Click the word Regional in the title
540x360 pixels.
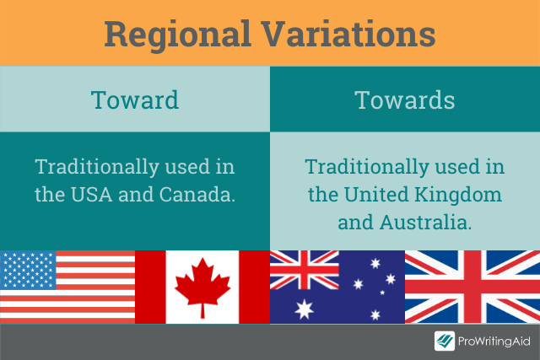pos(177,35)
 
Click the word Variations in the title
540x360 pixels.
pos(348,34)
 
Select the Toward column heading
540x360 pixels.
pos(135,100)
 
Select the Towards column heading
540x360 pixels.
pos(405,100)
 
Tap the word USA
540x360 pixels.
pos(92,195)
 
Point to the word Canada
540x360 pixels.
pos(197,195)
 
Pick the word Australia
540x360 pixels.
pos(425,223)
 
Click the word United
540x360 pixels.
pos(376,195)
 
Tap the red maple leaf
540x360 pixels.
pos(202,286)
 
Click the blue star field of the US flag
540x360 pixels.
pos(28,270)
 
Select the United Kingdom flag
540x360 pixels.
pos(472,287)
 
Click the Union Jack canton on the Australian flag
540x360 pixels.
pos(305,270)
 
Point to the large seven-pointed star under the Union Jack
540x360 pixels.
pos(305,309)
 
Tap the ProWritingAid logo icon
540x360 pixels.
pos(445,341)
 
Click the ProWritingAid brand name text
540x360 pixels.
pos(494,341)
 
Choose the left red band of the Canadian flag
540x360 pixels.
pos(150,287)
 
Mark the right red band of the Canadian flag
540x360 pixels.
pos(254,287)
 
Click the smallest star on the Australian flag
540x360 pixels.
pos(382,293)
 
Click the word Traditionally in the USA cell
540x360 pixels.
pos(97,168)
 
